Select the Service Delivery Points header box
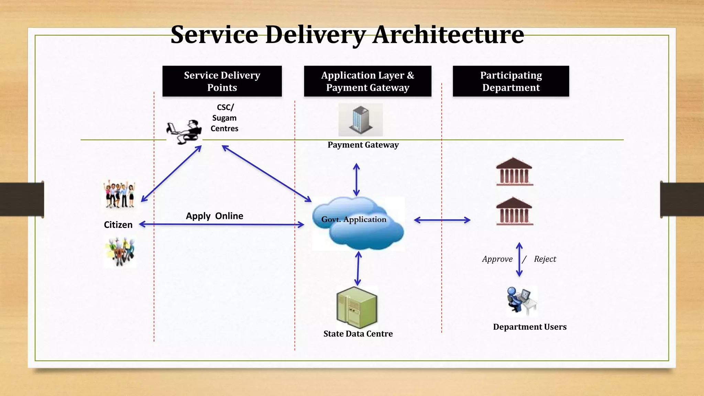222,81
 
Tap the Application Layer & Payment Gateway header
367,81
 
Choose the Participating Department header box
511,81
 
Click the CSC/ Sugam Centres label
224,118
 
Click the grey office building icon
360,120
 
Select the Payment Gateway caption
363,145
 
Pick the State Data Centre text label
358,334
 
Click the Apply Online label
214,216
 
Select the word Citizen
118,225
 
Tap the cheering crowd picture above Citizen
119,195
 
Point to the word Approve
497,259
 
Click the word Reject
545,259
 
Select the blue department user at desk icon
521,300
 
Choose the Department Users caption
530,327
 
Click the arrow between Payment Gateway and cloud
356,180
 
